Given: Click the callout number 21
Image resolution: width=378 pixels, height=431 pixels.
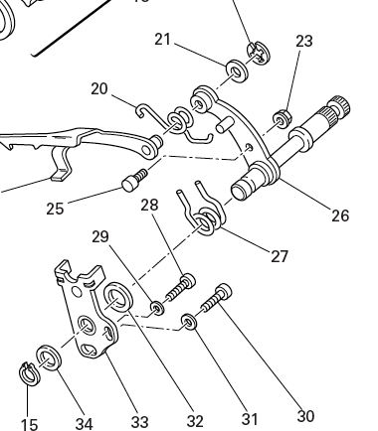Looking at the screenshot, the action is [163, 40].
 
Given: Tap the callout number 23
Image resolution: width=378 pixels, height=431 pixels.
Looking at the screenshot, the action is [304, 42].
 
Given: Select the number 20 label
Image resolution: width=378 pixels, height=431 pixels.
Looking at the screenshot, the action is [99, 89].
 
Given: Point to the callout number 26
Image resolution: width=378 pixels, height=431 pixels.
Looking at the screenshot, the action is [340, 215].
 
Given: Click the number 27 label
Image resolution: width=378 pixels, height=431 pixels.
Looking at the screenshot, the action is [280, 256].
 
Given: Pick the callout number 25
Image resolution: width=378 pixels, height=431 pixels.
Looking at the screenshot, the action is [55, 209].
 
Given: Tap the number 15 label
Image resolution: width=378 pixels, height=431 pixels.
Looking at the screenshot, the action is [29, 424].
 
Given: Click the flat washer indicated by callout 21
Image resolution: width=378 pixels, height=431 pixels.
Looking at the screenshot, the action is [237, 71].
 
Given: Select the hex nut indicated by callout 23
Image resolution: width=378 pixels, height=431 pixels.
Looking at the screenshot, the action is [283, 118].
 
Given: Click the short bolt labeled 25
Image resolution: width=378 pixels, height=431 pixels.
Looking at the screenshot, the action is [134, 180].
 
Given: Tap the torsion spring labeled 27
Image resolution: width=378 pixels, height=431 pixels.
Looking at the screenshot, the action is [203, 212].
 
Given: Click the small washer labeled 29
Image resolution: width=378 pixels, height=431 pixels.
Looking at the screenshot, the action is [157, 308].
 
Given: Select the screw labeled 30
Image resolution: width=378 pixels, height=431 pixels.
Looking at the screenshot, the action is [216, 298].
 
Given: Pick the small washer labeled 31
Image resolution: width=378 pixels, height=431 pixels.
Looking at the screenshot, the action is [189, 322].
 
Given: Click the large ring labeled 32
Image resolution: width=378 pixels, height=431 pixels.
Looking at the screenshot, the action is [118, 297].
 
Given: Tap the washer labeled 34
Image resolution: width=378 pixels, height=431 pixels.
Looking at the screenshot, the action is [49, 358].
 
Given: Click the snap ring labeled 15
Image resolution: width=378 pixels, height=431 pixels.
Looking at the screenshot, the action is [29, 374].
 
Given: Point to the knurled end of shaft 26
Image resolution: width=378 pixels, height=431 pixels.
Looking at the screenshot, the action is [337, 109].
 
